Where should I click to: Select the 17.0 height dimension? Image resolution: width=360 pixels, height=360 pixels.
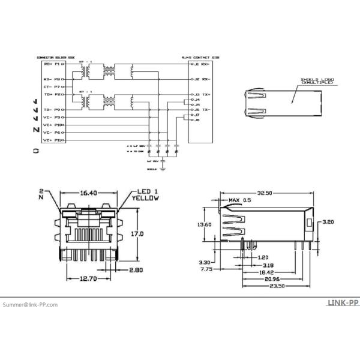[137, 233]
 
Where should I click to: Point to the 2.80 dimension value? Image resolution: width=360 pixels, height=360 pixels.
[137, 271]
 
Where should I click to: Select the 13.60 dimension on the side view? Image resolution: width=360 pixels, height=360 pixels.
[205, 224]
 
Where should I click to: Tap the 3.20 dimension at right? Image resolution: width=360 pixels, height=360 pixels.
[327, 222]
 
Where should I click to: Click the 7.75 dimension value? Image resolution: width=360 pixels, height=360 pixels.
[206, 269]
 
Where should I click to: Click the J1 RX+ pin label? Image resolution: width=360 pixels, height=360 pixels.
[200, 63]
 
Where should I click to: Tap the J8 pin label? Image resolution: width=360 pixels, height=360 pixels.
[196, 120]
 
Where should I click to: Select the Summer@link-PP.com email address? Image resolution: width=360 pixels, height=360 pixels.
[30, 305]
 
